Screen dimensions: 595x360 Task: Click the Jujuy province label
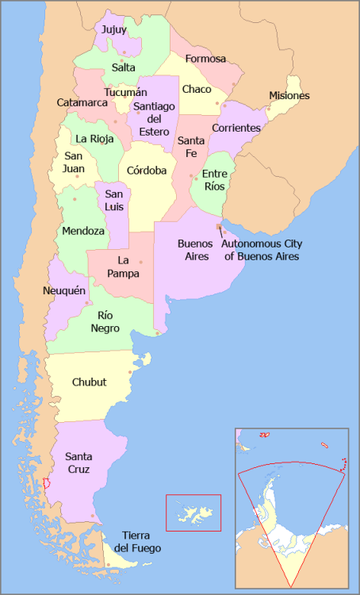point(114,29)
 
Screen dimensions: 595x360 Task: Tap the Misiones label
point(289,96)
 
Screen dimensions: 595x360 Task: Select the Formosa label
point(205,59)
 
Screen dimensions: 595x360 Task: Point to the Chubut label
point(89,382)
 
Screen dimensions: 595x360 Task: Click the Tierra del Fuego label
point(137,542)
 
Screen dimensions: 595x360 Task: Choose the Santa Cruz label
point(77,463)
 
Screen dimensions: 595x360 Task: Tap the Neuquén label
point(63,291)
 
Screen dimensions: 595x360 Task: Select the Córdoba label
point(147,170)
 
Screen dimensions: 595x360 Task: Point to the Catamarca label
point(82,102)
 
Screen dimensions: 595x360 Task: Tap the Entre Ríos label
point(215,180)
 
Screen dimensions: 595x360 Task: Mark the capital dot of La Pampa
point(141,262)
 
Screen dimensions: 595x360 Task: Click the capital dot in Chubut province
point(129,372)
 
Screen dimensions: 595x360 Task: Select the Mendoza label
point(84,231)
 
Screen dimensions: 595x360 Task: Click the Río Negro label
point(105,321)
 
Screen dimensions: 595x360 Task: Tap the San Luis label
point(114,201)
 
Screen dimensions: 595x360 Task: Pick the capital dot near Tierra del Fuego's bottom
point(108,565)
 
